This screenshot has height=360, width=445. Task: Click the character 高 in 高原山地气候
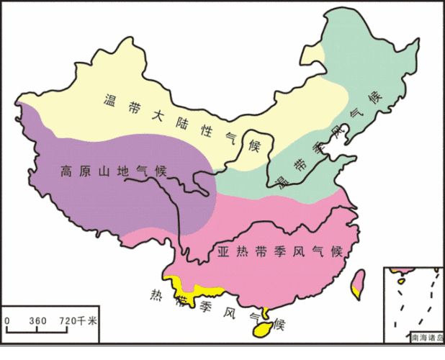[66, 172]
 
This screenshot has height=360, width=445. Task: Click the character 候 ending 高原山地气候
[159, 172]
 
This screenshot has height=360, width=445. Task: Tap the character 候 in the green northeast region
[374, 99]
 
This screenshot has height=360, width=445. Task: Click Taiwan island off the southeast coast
[358, 285]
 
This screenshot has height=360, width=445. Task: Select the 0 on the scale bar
[6, 320]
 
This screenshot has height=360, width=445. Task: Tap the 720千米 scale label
[77, 320]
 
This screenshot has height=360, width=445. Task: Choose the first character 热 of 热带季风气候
[156, 293]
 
